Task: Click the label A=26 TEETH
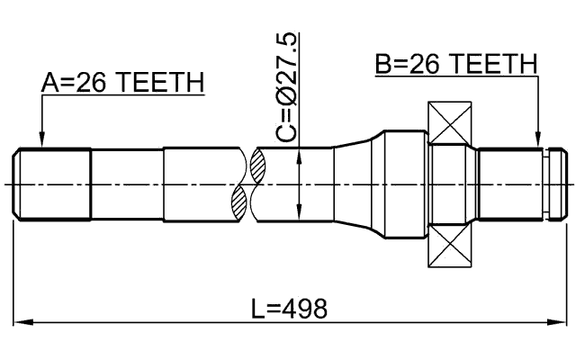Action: click(x=123, y=83)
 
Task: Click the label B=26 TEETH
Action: click(x=455, y=64)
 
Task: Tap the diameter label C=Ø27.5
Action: click(x=286, y=87)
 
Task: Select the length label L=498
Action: click(x=290, y=309)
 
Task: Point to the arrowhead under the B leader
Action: click(x=539, y=141)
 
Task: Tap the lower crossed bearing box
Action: click(x=451, y=245)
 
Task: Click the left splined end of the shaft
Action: click(x=52, y=184)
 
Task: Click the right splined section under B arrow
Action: click(x=511, y=184)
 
